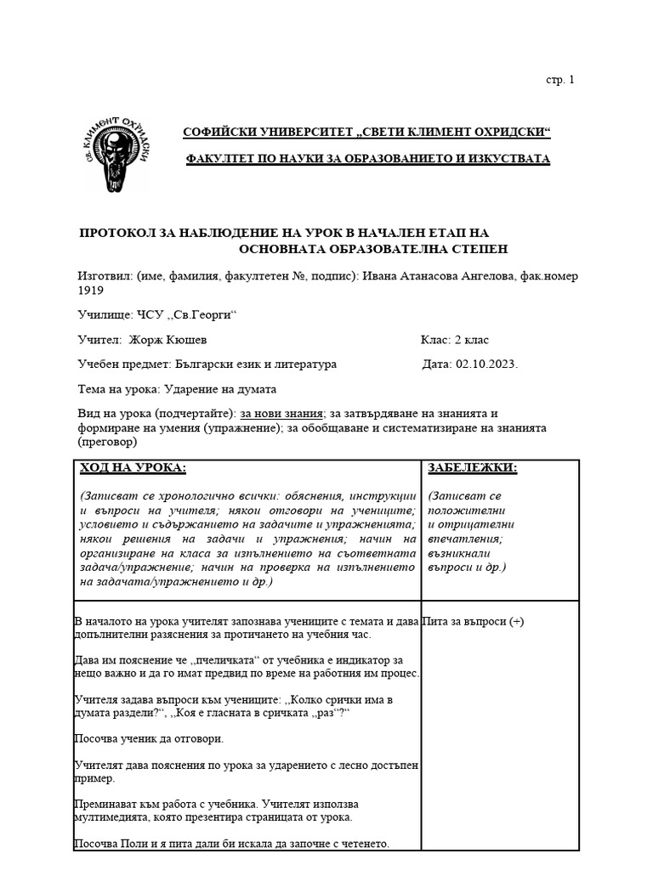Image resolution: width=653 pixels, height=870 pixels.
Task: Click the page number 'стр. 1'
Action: [559, 80]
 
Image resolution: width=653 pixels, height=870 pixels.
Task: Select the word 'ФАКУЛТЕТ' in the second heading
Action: [223, 159]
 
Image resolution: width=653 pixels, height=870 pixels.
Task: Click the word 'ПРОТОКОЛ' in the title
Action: [117, 233]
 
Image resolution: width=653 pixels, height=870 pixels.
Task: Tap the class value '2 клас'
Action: [472, 340]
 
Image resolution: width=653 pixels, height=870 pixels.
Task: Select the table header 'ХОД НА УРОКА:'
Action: [133, 468]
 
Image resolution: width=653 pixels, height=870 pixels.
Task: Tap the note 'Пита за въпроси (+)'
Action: [474, 621]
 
